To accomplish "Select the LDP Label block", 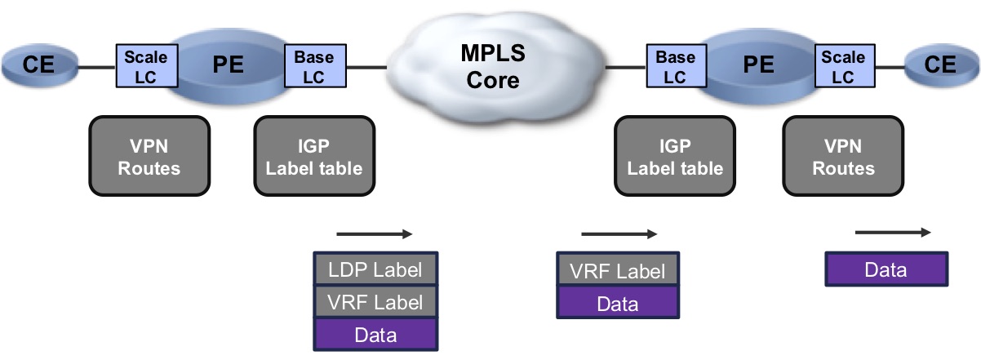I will point(375,268).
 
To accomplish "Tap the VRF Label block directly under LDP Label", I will point(375,301).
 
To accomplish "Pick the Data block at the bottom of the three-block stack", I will point(375,335).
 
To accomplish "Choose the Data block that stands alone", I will point(886,269).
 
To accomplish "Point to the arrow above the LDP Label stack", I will point(375,235).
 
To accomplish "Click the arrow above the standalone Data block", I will point(892,233).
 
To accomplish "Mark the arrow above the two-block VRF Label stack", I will point(619,235).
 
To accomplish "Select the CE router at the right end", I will point(940,65).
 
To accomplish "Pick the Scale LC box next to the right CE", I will point(843,66).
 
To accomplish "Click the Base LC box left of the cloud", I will point(314,66).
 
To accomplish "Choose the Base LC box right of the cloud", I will point(675,66).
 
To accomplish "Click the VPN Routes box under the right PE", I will point(843,157).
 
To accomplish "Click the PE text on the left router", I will point(229,65).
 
